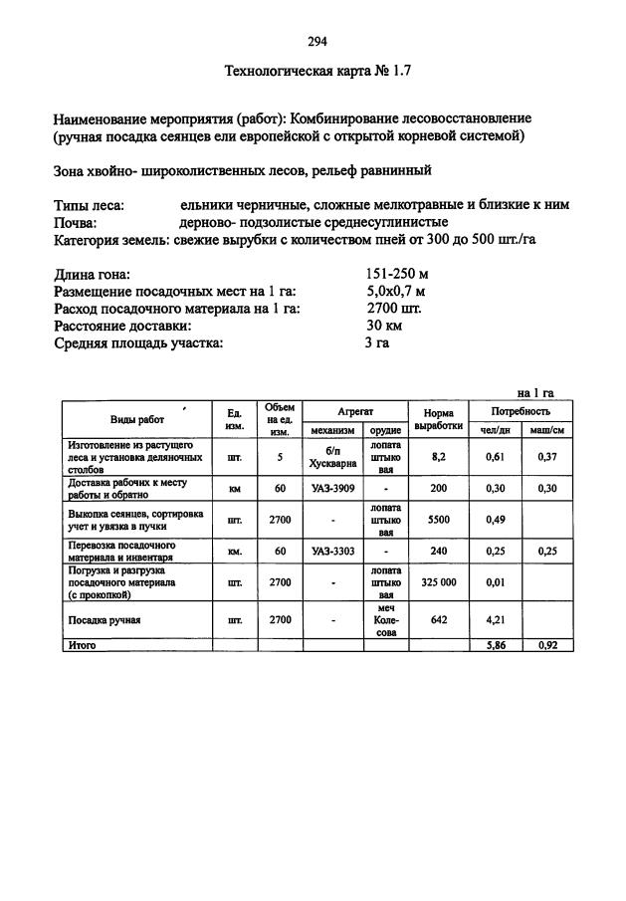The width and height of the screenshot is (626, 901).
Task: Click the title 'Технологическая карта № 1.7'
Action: [x=317, y=72]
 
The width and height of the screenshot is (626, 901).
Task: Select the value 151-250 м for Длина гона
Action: [x=396, y=275]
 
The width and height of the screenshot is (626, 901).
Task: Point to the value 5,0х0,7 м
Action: [x=396, y=292]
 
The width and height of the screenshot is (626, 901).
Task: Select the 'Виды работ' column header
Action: [x=137, y=420]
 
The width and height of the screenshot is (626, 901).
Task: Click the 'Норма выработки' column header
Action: [x=438, y=419]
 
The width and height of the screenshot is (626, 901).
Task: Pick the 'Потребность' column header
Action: [x=521, y=410]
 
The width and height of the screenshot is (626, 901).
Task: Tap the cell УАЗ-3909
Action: [x=332, y=489]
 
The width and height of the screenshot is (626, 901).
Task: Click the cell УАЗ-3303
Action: [x=332, y=551]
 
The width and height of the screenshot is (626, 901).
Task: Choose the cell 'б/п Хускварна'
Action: [x=332, y=457]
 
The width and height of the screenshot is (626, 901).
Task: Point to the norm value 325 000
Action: [x=439, y=582]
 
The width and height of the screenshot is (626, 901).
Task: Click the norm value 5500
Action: [x=439, y=519]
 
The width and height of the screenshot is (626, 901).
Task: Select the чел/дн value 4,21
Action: [x=496, y=619]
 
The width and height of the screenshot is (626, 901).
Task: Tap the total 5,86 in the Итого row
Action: [x=496, y=645]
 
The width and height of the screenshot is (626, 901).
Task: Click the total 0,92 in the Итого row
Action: [x=546, y=645]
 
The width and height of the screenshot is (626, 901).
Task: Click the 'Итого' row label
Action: [x=82, y=645]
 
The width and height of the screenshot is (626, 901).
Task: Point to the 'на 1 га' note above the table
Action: [x=535, y=392]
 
